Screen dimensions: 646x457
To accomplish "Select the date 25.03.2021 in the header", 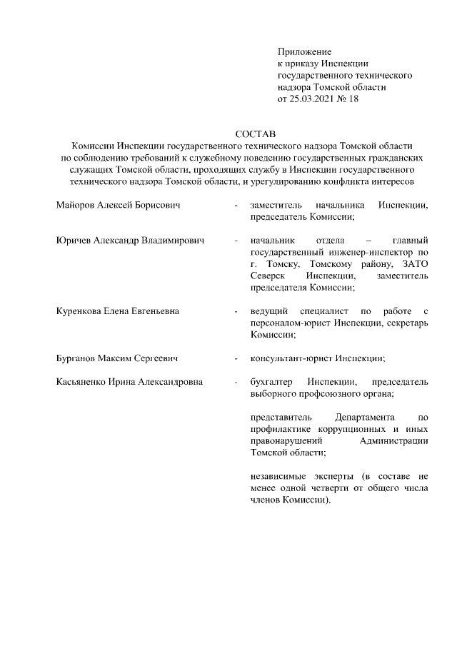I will (312, 99).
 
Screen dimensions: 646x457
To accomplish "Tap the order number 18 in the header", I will (353, 99).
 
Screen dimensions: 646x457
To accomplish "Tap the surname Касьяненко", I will (81, 381).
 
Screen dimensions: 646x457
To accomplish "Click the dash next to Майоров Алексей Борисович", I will (235, 206).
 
